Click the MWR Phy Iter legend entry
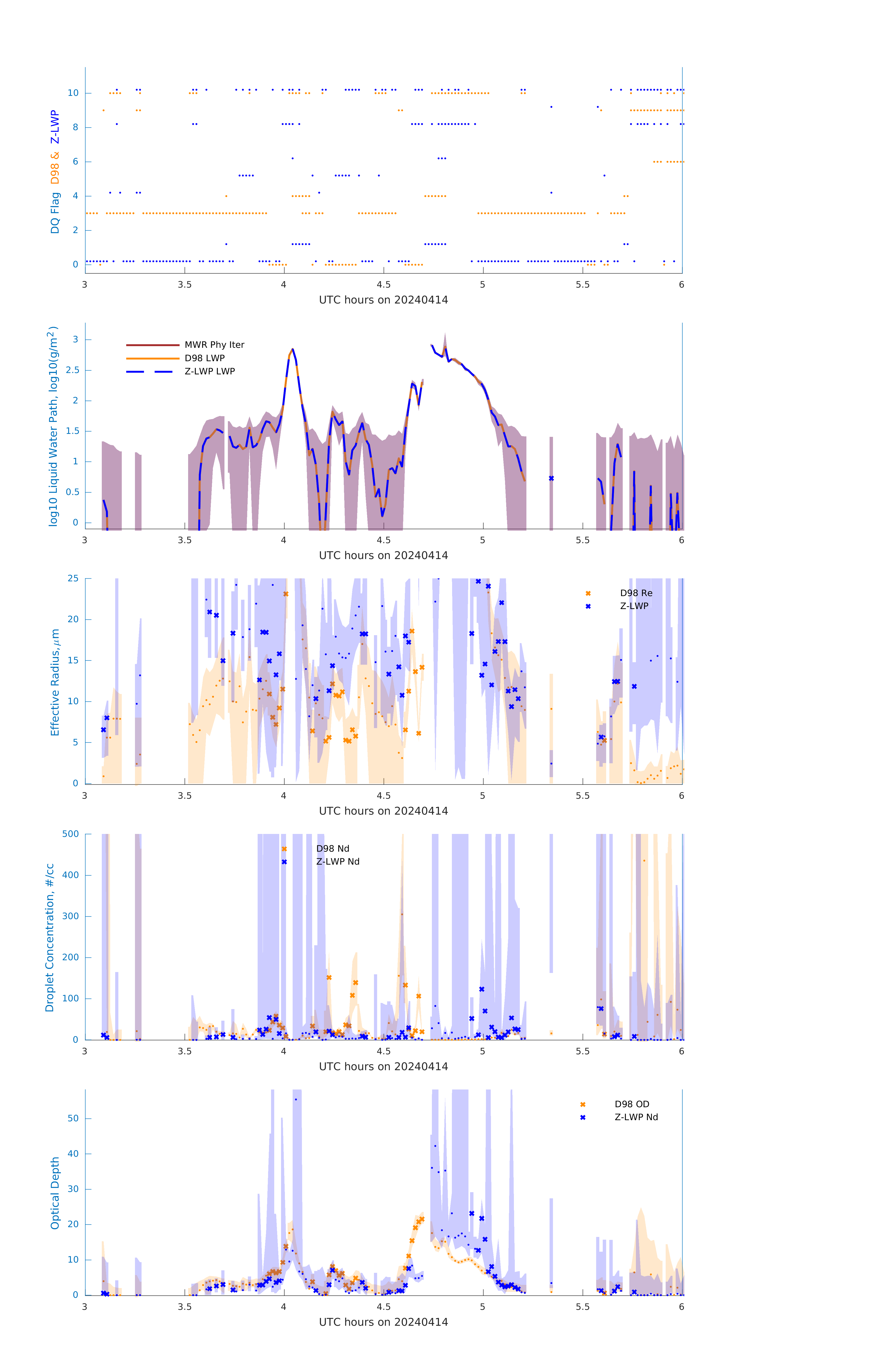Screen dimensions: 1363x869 (x=214, y=345)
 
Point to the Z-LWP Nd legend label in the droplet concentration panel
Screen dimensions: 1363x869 (x=337, y=861)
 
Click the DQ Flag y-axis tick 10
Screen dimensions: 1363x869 (x=73, y=93)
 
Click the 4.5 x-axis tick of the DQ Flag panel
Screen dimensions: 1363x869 (x=383, y=285)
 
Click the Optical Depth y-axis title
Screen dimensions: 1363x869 (x=55, y=1193)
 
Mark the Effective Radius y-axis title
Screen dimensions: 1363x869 (x=55, y=682)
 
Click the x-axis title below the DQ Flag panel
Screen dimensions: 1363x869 (x=383, y=300)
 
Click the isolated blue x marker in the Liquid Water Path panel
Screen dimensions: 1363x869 (x=551, y=478)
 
